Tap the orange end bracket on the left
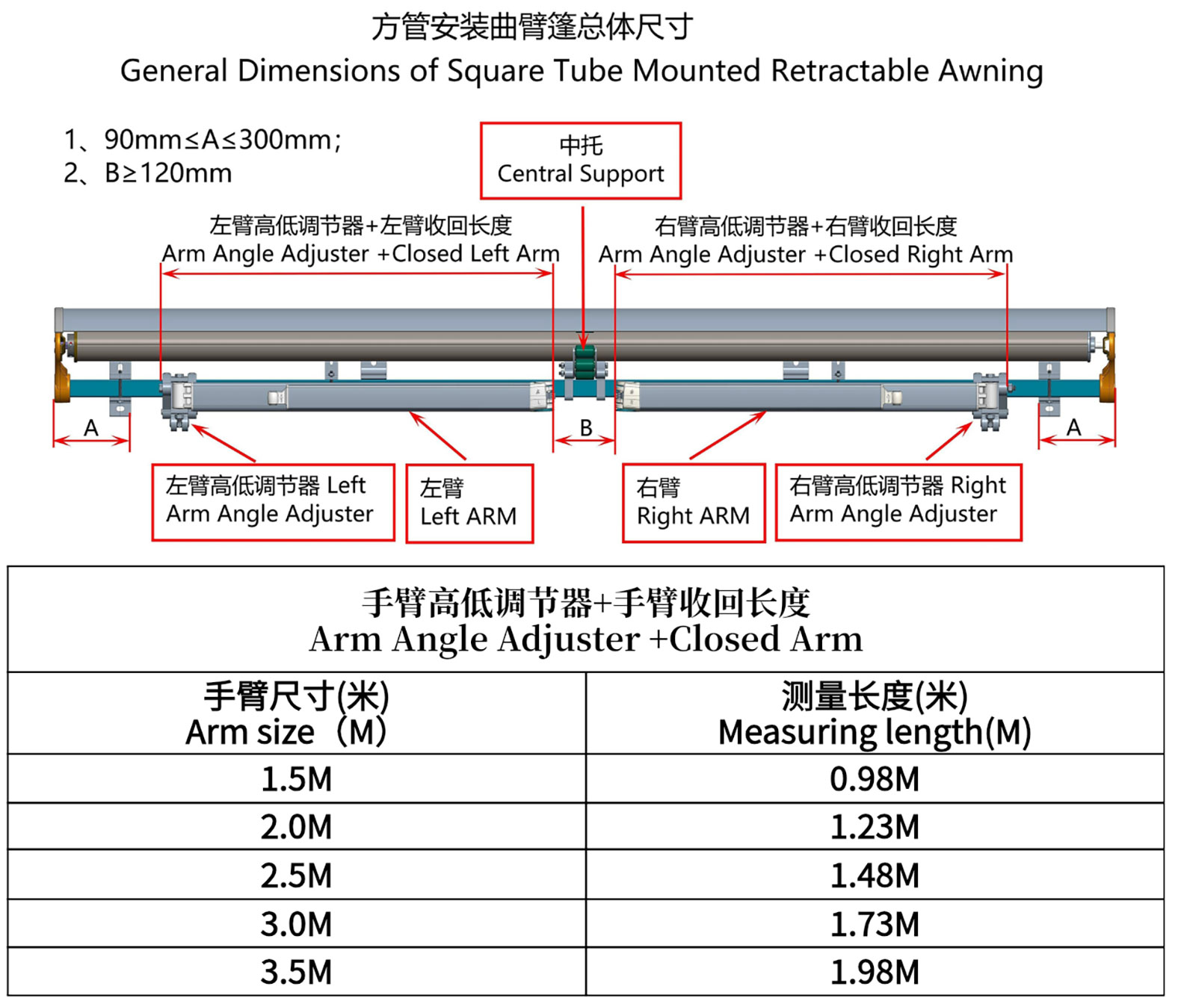point(62,368)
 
